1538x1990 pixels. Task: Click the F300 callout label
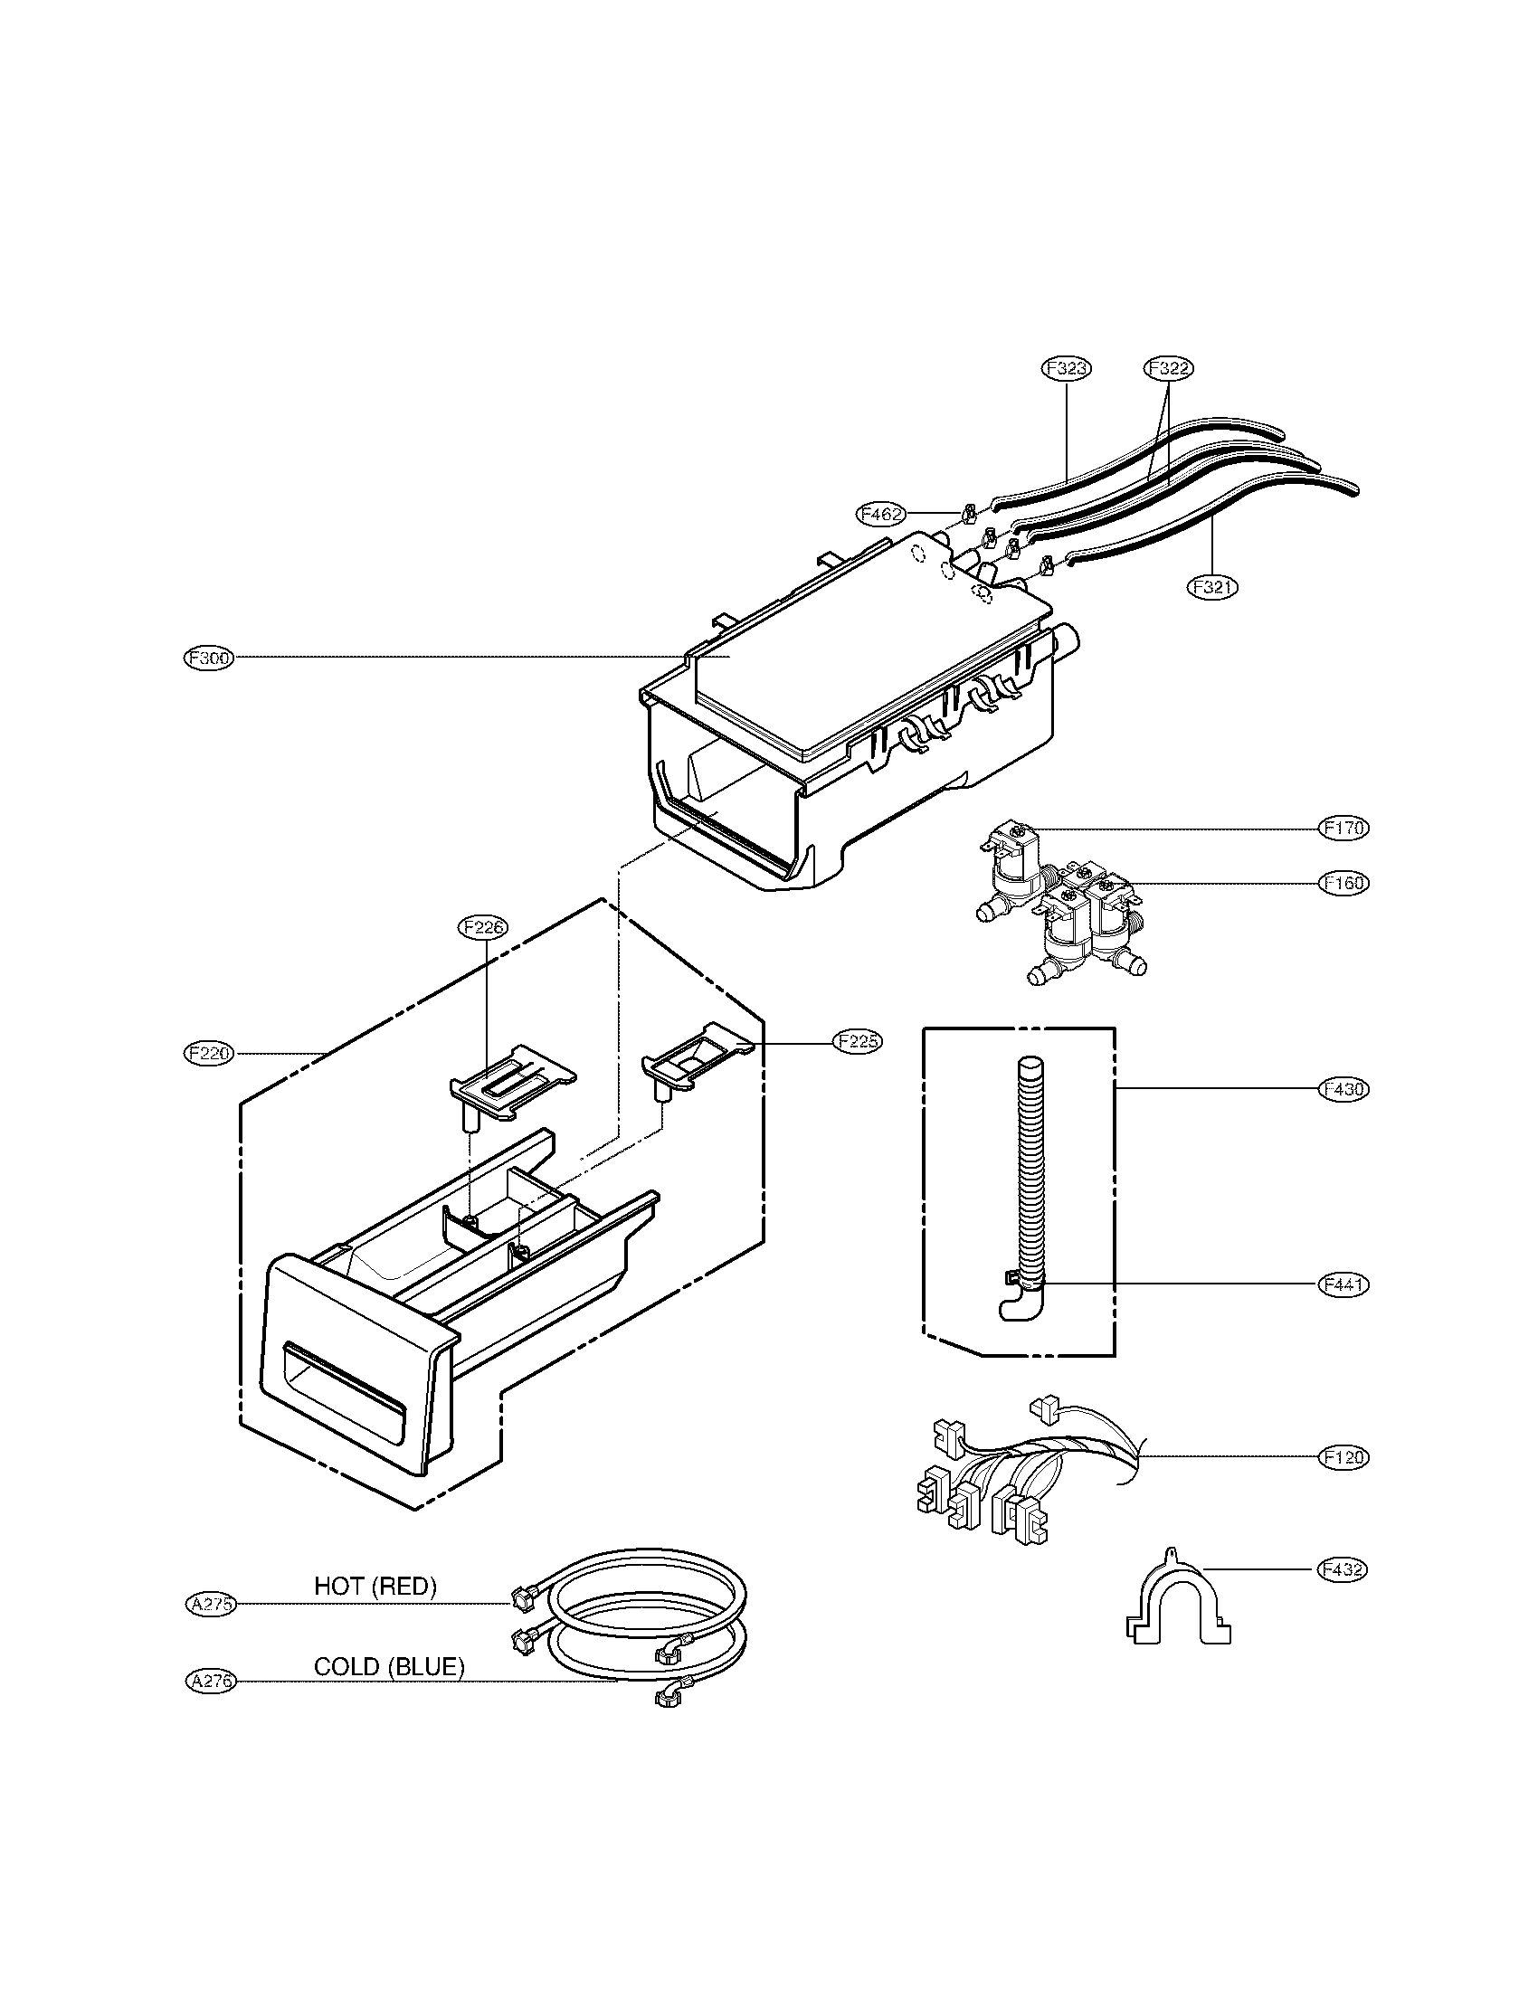point(209,658)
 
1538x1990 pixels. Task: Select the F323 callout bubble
point(1066,368)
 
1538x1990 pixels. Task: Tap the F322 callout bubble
point(1168,368)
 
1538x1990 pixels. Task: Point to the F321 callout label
point(1211,587)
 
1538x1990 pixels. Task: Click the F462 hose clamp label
point(881,514)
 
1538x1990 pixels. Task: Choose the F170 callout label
point(1343,829)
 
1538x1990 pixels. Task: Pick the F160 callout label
point(1343,883)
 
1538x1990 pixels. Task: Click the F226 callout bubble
point(483,927)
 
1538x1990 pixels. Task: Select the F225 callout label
point(857,1041)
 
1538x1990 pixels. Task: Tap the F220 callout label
point(209,1053)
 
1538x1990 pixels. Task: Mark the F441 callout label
point(1343,1284)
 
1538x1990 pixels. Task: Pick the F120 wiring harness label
point(1343,1457)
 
